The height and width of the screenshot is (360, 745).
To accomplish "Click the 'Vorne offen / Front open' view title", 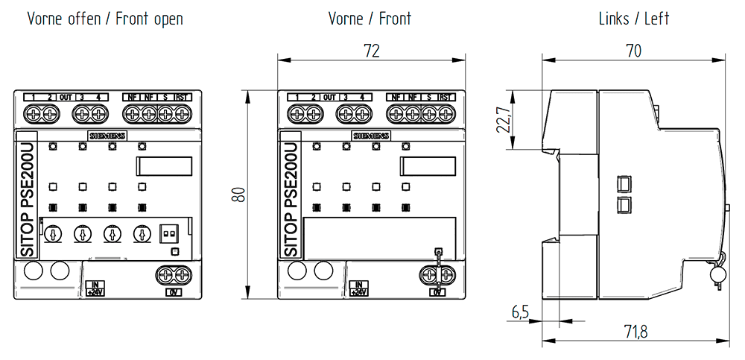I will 105,19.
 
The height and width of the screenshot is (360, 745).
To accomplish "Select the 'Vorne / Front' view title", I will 370,19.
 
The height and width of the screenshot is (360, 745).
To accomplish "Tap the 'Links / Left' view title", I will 634,19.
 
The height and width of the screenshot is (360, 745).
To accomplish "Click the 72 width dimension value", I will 372,51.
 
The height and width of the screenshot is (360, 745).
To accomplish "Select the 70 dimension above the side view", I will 634,51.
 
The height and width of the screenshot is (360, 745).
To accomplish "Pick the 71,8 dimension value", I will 633,331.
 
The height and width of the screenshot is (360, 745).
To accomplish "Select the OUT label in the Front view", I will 329,98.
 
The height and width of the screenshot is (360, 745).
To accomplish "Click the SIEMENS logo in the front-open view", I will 108,136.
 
